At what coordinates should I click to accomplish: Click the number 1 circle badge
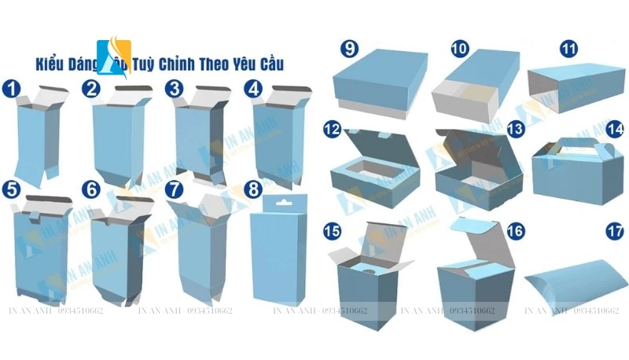(11, 88)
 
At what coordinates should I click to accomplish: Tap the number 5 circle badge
(11, 189)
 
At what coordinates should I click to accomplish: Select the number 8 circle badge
(253, 189)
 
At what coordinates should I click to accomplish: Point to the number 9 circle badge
(349, 49)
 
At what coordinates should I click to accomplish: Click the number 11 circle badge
(568, 49)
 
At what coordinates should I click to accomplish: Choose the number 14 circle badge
(615, 128)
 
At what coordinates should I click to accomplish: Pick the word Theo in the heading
(223, 63)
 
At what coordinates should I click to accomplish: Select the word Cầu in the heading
(270, 63)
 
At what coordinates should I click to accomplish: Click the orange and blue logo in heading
(113, 55)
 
